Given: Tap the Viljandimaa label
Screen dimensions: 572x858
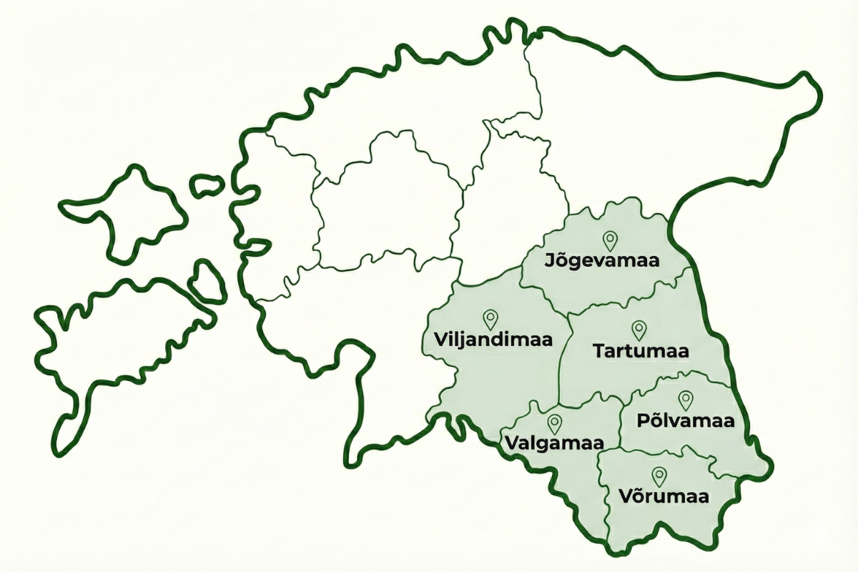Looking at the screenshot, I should tap(493, 339).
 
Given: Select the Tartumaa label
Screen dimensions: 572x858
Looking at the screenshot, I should tap(641, 352).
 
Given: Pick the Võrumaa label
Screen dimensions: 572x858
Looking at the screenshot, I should tap(659, 496).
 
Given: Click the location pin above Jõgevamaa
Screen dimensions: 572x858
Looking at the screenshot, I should tap(610, 240).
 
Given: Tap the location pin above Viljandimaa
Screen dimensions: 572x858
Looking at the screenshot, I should tap(490, 318).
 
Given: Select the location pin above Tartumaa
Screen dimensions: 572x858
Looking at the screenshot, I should tap(639, 330).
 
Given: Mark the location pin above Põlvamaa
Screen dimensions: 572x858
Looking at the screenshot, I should tap(686, 400).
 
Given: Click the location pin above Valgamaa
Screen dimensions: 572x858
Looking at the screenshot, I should tap(554, 423).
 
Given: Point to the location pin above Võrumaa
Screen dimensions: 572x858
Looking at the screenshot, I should tap(659, 475).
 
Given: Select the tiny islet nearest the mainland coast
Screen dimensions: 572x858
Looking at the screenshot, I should tap(207, 185).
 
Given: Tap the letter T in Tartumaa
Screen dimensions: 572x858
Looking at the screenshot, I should tap(598, 352).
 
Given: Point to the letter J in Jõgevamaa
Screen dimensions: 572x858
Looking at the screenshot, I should tap(550, 260).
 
